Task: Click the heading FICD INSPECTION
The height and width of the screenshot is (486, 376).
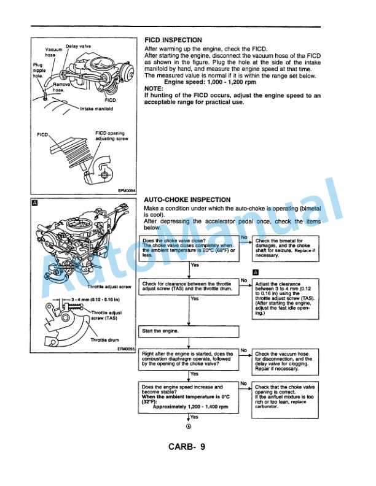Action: coord(173,40)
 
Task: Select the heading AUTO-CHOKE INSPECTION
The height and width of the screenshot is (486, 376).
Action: coord(187,200)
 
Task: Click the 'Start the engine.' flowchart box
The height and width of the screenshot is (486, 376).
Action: coord(189,331)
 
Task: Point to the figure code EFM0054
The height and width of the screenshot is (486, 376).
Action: coord(127,190)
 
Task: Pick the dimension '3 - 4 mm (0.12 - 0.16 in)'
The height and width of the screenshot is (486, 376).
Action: coord(95,299)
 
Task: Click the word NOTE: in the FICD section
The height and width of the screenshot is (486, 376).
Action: coord(154,88)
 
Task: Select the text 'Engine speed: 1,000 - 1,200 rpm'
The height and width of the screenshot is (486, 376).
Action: coord(197,82)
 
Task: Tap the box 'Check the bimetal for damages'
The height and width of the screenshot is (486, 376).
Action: coord(285,247)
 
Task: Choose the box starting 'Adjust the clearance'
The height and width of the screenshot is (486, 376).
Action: coord(285,299)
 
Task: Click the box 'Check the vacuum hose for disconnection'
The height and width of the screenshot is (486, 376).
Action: coord(285,362)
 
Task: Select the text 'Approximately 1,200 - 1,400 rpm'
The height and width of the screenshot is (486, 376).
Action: coord(190,406)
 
